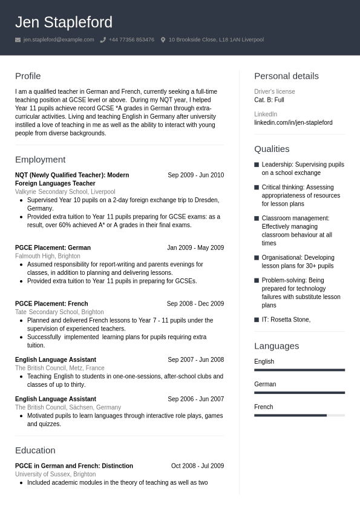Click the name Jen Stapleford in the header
point(64,22)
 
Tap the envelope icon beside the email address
point(18,40)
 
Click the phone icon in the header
point(103,40)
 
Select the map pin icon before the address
point(163,40)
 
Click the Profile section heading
point(28,76)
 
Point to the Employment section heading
point(40,159)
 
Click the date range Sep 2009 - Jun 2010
point(195,175)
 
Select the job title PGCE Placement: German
point(53,248)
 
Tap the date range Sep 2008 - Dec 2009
point(195,304)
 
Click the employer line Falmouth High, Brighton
point(47,256)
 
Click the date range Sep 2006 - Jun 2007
point(195,399)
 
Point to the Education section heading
point(35,450)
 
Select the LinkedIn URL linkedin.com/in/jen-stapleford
point(293,122)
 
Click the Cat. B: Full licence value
point(269,100)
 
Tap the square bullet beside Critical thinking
point(257,188)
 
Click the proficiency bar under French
point(299,415)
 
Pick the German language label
point(265,384)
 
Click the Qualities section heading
point(272,149)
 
